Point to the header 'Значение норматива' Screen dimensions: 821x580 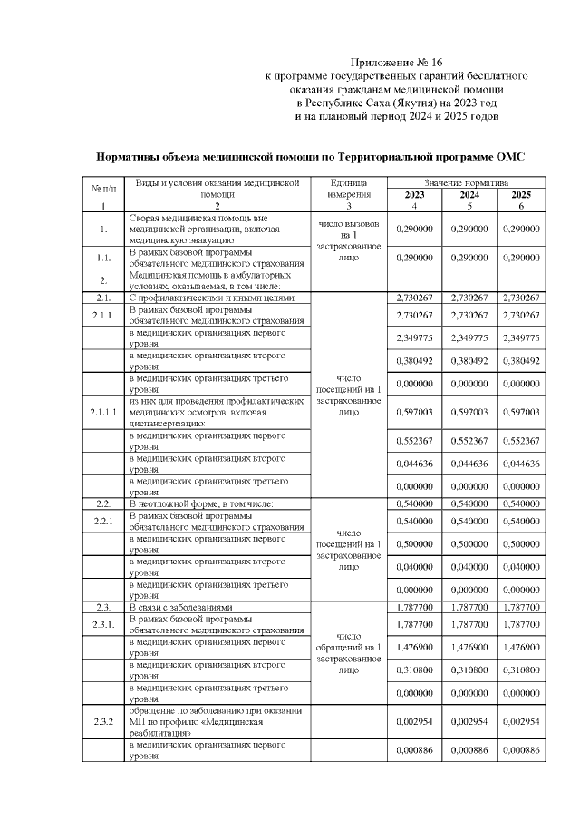pos(469,182)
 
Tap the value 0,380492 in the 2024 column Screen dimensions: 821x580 pos(469,360)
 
